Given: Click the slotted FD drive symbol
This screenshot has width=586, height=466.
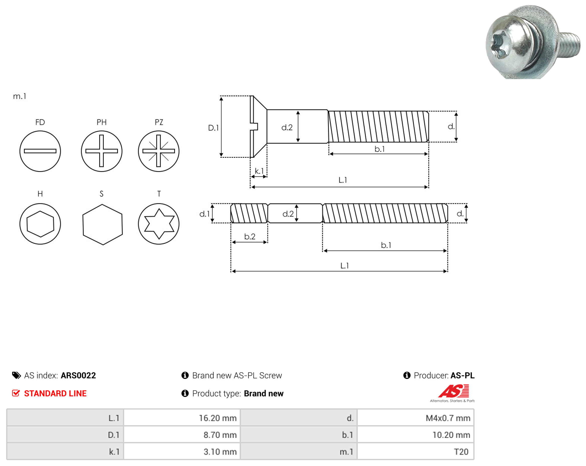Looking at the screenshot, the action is point(40,151).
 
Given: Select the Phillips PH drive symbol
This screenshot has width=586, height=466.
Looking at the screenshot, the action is point(102,151).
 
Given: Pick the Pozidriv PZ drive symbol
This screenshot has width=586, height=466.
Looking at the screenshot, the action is point(159,151).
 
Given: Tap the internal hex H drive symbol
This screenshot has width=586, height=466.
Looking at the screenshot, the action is point(40,224).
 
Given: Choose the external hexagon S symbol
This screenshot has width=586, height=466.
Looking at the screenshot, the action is point(103,224).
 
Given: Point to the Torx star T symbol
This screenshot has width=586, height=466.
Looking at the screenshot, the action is point(159,224).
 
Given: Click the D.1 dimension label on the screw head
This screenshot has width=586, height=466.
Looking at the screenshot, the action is point(213,128).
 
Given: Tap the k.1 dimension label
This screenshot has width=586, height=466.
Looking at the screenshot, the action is point(259,171).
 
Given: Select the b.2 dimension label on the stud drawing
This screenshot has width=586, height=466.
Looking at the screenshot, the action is point(250,236).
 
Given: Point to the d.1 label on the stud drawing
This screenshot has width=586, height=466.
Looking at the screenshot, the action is point(204,214).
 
